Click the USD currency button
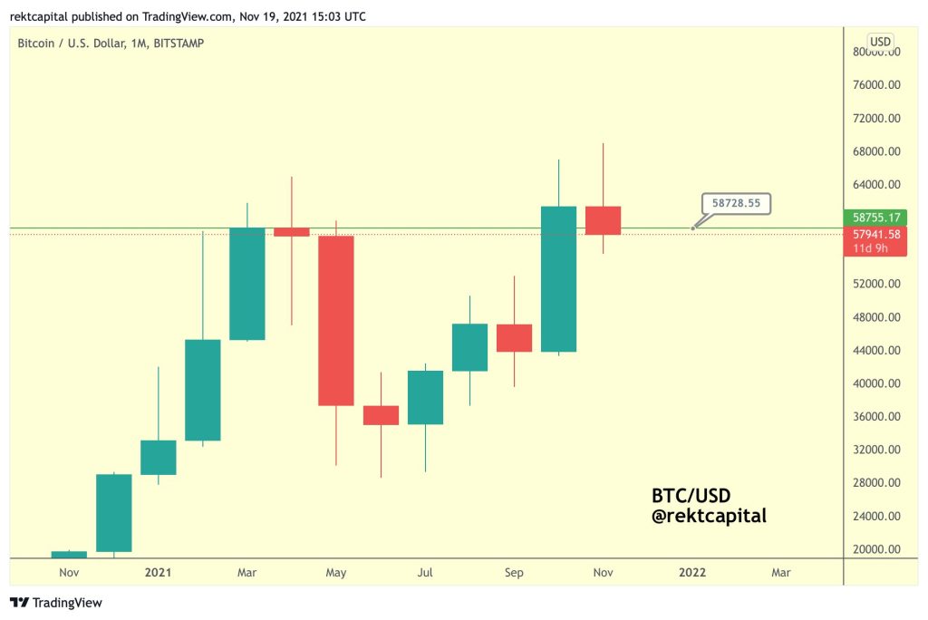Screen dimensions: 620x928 [x=879, y=42]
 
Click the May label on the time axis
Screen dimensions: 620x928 [x=336, y=573]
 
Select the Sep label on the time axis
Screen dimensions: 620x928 [x=514, y=573]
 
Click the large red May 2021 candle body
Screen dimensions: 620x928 [x=335, y=320]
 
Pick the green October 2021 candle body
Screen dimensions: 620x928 [x=558, y=278]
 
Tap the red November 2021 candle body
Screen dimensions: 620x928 [x=603, y=220]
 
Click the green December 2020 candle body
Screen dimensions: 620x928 [x=113, y=512]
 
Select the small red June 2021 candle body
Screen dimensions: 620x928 [x=381, y=415]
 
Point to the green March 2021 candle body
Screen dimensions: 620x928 [x=246, y=283]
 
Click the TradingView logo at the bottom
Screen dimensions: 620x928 [x=56, y=603]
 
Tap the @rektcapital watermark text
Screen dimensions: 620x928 [x=709, y=517]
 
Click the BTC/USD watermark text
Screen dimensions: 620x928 [x=691, y=496]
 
